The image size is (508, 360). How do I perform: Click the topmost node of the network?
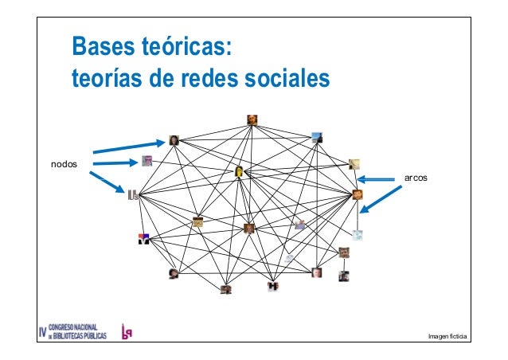(252, 120)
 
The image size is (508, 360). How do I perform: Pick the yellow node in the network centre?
(239, 171)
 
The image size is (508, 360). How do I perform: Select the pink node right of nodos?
(147, 161)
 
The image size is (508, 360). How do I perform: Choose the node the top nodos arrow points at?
(174, 140)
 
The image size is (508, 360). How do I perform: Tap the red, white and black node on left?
(144, 237)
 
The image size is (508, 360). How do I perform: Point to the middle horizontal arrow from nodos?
(115, 163)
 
